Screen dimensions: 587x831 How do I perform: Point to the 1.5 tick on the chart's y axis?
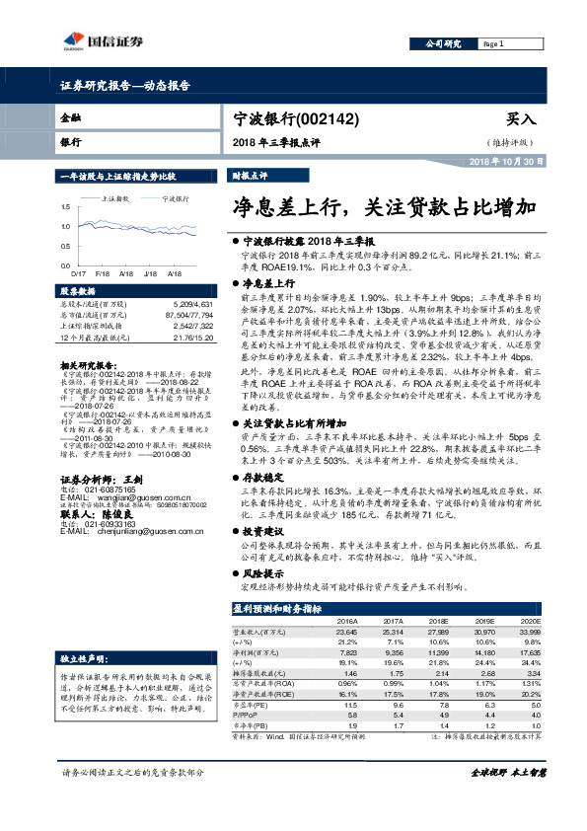coord(66,206)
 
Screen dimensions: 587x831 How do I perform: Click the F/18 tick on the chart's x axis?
coord(101,271)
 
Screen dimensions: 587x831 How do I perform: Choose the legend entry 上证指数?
coord(116,198)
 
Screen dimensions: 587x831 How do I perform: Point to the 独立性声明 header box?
coord(81,657)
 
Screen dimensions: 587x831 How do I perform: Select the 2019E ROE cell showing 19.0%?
coord(485,693)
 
